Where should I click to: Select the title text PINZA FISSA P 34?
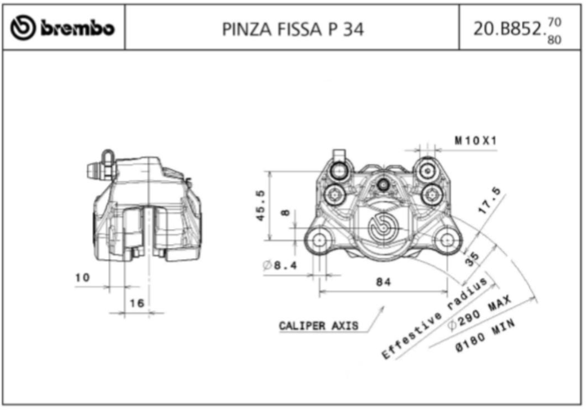pyautogui.click(x=293, y=30)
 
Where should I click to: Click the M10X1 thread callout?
pyautogui.click(x=476, y=140)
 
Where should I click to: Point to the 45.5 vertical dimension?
pyautogui.click(x=260, y=205)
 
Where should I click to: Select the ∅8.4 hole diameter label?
pyautogui.click(x=280, y=265)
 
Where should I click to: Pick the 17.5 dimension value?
pyautogui.click(x=490, y=201)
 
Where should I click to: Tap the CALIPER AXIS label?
pyautogui.click(x=318, y=326)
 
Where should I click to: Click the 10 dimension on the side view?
pyautogui.click(x=82, y=278)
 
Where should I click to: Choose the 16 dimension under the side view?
pyautogui.click(x=137, y=303)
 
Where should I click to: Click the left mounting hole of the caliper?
pyautogui.click(x=319, y=240)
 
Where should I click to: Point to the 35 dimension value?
pyautogui.click(x=471, y=259)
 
